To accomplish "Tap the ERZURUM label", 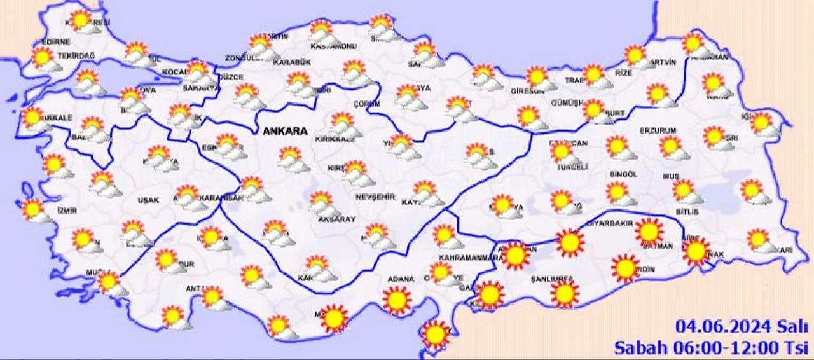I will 658,131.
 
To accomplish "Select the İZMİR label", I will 67,211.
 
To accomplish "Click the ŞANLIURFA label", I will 552,279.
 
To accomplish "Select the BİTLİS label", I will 687,211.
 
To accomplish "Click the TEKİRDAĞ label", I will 76,56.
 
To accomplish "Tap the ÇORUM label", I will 367,104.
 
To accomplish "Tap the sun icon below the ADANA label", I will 397,300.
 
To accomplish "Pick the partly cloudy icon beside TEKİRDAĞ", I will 43,59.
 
